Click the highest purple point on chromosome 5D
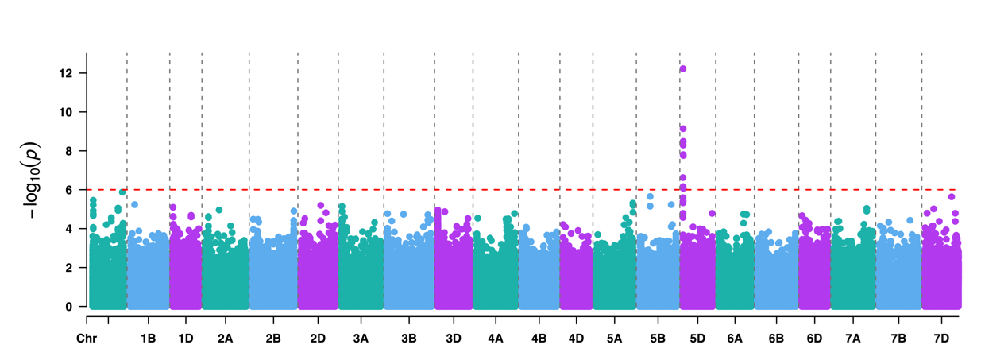click(683, 69)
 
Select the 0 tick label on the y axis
click(70, 307)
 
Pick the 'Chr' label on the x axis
click(86, 339)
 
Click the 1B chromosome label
click(149, 339)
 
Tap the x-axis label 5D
click(697, 339)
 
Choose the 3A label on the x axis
click(361, 339)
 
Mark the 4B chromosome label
click(539, 339)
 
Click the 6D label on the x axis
click(814, 339)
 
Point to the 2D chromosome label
click(318, 339)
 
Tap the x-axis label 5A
click(614, 339)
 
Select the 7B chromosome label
click(898, 339)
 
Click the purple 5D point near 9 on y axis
click(683, 129)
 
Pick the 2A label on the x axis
click(226, 339)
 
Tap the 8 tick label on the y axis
click(70, 151)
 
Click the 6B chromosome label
click(776, 339)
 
